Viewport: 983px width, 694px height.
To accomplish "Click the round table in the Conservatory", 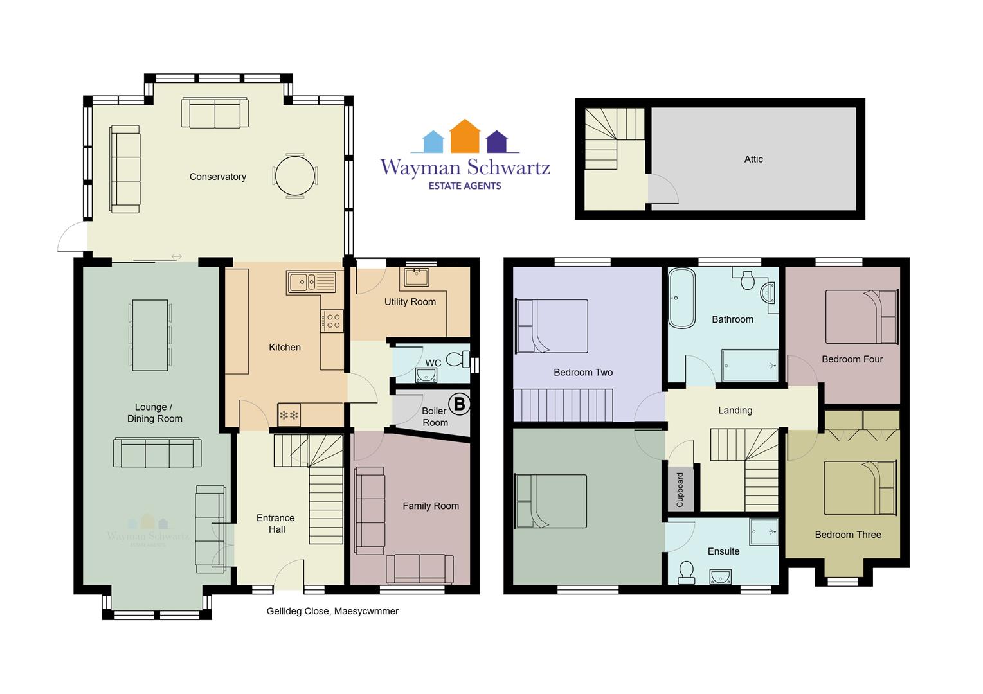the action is click(295, 176).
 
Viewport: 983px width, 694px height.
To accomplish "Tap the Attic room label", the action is click(753, 159).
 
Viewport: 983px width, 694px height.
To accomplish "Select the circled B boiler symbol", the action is click(460, 404).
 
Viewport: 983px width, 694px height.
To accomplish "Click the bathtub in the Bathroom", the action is click(682, 298).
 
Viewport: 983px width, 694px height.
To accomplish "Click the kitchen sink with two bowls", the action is click(311, 281).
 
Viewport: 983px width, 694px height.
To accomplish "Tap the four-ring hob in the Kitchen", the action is click(332, 321).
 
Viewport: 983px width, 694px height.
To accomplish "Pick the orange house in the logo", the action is click(465, 136).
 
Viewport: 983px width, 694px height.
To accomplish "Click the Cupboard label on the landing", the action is click(680, 490).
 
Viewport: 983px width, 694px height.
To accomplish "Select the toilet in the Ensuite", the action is click(687, 573).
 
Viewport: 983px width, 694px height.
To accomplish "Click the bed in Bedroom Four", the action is click(861, 316).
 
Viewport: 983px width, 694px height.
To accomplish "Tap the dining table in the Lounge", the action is click(150, 335).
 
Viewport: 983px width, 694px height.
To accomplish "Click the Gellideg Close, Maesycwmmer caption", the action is click(332, 611).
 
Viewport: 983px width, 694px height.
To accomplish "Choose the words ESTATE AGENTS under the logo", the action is click(465, 186).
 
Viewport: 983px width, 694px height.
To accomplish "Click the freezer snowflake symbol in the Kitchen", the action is click(289, 414).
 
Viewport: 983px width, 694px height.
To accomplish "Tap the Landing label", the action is click(735, 410).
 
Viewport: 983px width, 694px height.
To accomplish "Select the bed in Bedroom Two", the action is click(552, 326).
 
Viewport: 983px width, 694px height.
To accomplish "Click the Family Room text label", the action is click(431, 506).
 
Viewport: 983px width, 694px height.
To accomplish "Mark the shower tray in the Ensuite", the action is click(764, 531).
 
